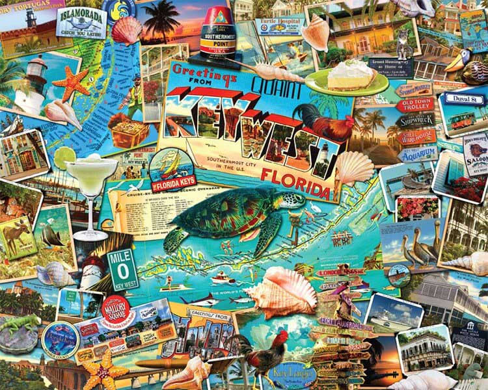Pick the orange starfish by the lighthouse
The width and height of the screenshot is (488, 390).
click(71, 83)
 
